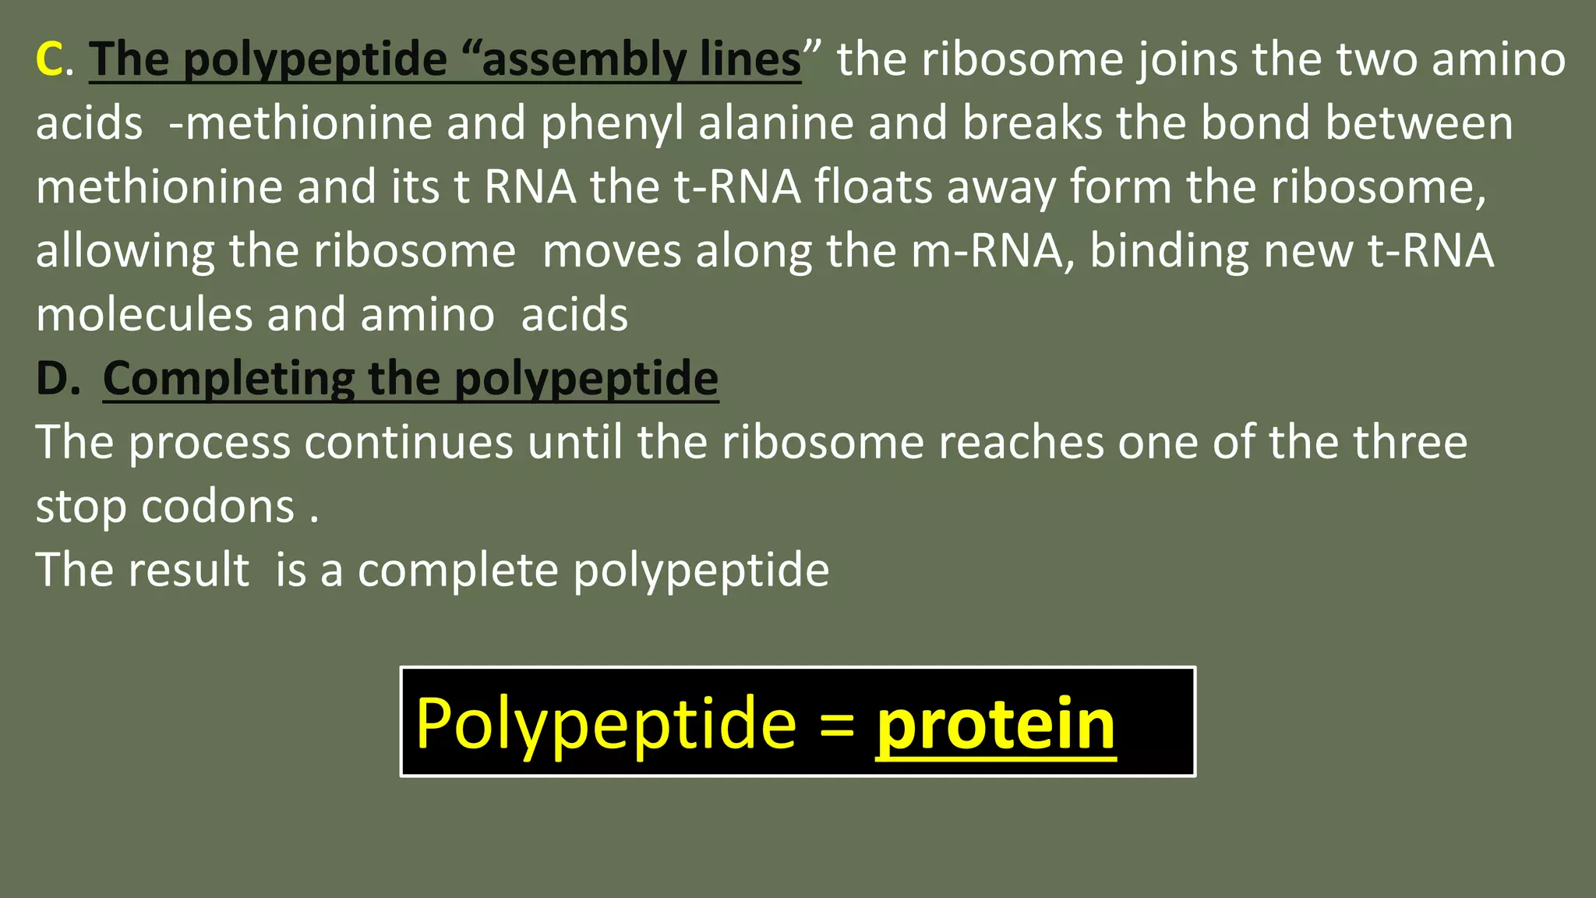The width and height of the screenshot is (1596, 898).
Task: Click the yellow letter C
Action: click(50, 59)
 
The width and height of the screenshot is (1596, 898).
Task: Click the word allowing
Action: click(125, 253)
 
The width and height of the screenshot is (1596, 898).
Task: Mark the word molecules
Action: click(144, 315)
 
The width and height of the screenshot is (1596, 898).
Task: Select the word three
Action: click(1410, 443)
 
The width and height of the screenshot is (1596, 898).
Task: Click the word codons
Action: click(218, 507)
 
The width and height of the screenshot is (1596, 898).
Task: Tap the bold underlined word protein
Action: click(995, 725)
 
